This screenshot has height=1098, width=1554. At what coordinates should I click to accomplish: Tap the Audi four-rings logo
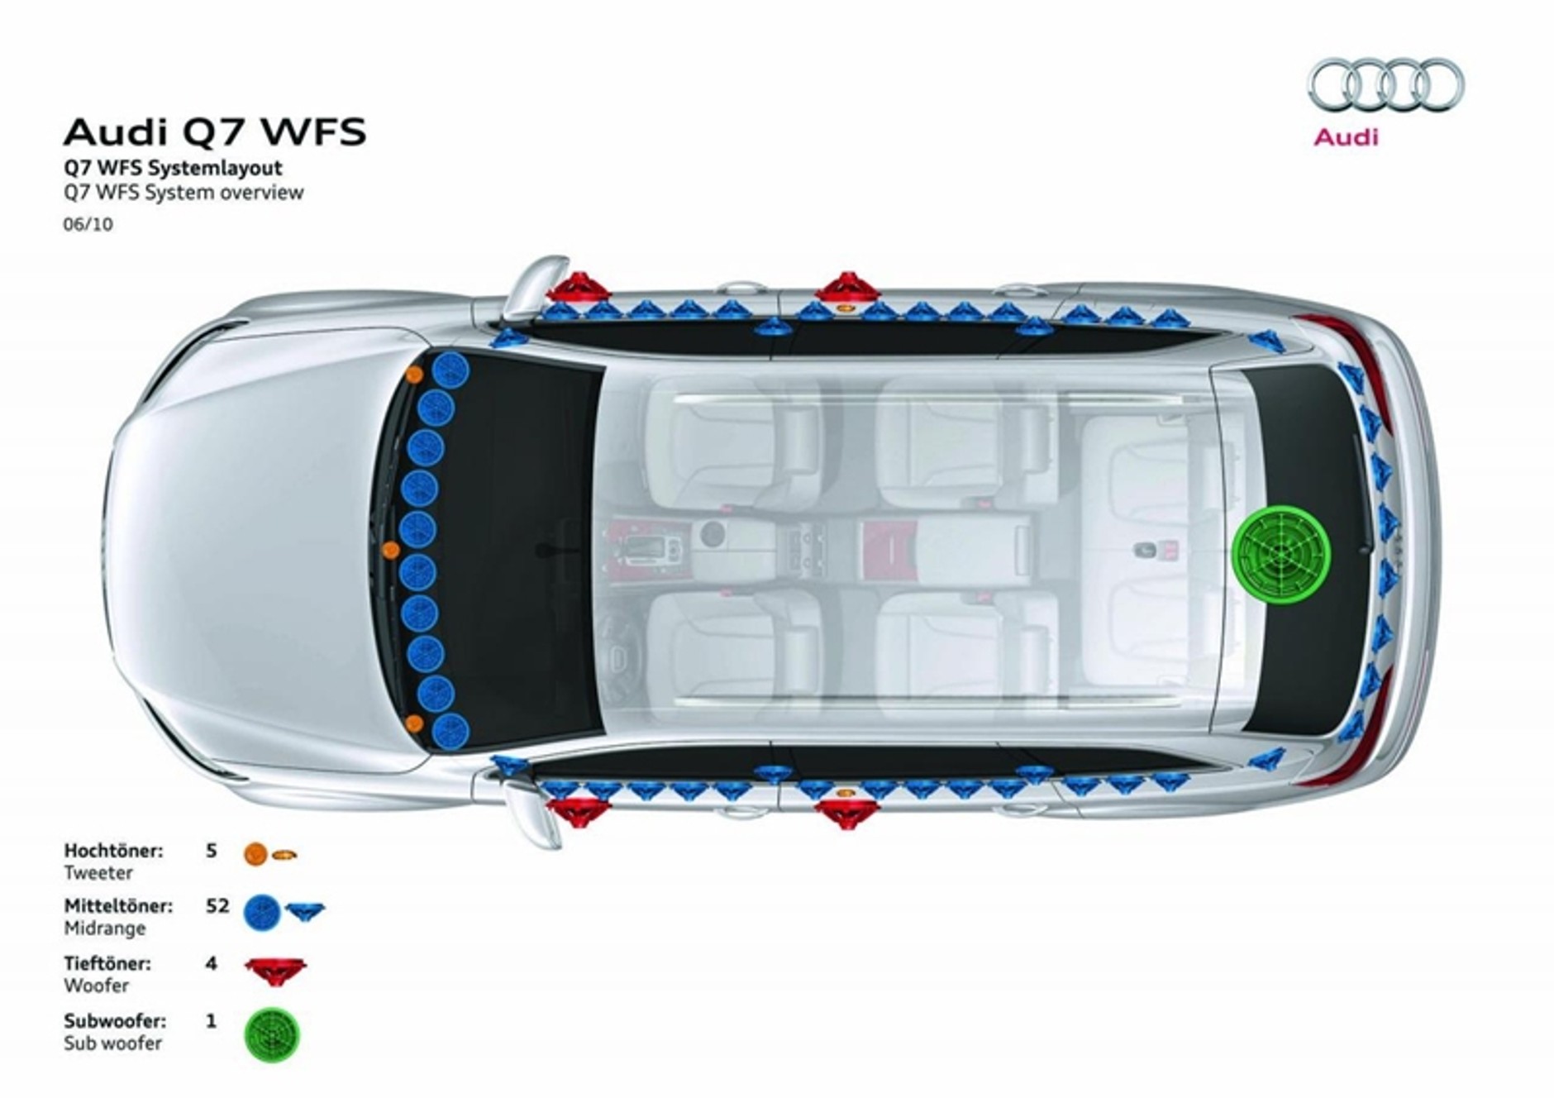coord(1385,85)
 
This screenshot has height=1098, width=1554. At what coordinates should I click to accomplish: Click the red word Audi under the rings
coord(1346,136)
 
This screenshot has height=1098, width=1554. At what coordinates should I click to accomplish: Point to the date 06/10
coord(88,224)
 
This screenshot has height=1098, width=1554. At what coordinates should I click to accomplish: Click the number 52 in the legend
coord(217,906)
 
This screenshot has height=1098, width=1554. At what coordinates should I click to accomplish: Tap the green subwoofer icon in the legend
coord(272,1034)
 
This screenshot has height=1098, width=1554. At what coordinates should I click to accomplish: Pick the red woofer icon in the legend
coord(274,971)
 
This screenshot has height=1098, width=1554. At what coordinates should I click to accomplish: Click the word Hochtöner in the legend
coord(113,850)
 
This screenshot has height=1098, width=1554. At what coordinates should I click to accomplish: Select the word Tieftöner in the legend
coord(107,963)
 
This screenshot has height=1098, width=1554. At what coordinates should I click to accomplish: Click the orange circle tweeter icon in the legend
coord(255,853)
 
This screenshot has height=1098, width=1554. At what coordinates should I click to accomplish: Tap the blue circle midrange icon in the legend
coord(262,911)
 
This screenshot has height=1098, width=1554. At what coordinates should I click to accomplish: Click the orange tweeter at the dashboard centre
coord(392,549)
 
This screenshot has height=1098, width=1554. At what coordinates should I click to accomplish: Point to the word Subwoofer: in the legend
coord(115,1021)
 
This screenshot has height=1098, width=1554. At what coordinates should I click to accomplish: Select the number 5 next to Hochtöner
coord(211,850)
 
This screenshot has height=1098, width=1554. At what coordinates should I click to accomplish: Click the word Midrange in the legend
coord(104,929)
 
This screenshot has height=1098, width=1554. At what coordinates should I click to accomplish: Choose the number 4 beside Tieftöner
coord(211,963)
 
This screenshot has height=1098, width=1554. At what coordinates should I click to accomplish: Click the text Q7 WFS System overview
coord(184,193)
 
